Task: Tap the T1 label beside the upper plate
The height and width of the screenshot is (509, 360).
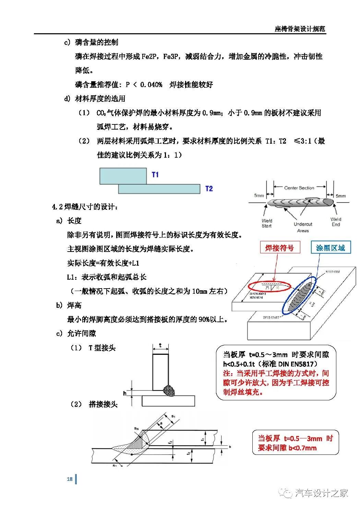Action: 155,175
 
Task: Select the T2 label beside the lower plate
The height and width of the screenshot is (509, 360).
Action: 209,189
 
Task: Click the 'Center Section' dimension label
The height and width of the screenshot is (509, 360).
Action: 299,188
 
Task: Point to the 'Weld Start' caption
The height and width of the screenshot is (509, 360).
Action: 266,223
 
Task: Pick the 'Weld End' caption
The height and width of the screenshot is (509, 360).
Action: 336,222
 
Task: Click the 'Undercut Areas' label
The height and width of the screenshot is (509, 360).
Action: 303,227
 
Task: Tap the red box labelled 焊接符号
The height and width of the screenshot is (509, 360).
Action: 279,247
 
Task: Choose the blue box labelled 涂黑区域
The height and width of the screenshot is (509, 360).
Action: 331,247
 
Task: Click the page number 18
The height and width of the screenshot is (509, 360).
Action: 70,479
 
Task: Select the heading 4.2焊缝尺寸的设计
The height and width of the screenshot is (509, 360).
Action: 85,207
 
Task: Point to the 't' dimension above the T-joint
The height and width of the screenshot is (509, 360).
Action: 160,346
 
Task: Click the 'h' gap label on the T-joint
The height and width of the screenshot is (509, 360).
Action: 125,393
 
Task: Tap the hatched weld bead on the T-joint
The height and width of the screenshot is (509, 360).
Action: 170,390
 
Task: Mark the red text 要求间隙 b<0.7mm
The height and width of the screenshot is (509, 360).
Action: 287,448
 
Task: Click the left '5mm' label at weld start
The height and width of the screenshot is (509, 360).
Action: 259,196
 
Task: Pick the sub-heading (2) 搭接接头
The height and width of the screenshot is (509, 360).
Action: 94,404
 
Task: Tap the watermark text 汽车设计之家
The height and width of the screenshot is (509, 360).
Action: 321,493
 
